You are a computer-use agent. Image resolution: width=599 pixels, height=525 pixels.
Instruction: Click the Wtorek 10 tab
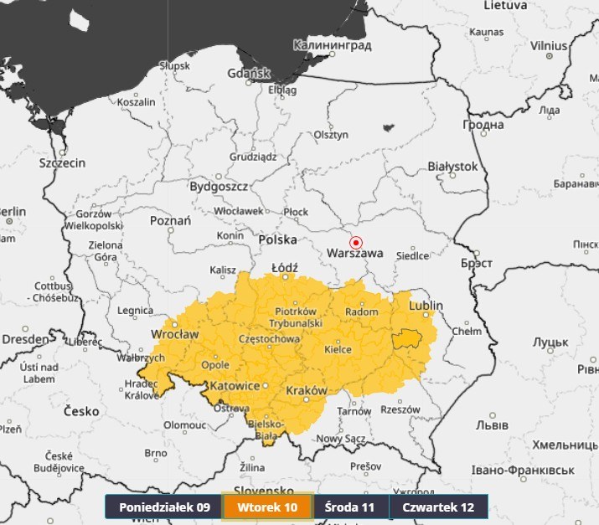point(267,507)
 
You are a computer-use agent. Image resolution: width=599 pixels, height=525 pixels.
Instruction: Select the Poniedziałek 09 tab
point(164,507)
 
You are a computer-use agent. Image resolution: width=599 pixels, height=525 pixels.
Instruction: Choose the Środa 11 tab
point(350,507)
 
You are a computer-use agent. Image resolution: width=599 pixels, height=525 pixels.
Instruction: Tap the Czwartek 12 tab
point(438,507)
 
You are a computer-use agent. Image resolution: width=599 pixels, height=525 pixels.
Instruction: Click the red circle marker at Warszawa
point(356,242)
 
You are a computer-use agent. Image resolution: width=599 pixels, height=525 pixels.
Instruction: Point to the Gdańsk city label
point(249,74)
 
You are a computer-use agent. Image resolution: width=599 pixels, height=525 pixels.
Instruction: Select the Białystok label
point(452,167)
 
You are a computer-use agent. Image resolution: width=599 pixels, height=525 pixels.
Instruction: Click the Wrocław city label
point(174,334)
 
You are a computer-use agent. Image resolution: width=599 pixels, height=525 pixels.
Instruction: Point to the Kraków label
point(306,391)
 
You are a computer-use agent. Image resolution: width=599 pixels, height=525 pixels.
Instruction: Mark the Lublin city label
point(426,306)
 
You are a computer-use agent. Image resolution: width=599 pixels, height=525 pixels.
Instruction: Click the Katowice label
point(235,386)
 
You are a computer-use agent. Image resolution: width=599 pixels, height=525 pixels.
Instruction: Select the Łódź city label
point(285,267)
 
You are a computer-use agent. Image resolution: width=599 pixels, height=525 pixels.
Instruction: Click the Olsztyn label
point(330,134)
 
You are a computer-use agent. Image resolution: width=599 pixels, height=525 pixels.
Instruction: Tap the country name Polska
point(277,239)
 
